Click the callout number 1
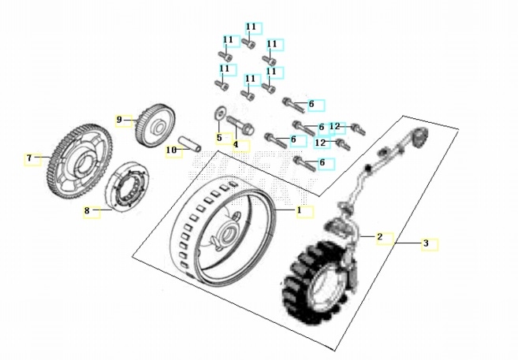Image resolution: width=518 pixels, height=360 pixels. click(x=300, y=210)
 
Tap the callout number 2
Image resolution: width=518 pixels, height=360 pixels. click(x=379, y=236)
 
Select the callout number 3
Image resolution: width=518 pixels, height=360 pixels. click(x=426, y=243)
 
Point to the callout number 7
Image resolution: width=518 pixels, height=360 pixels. click(x=29, y=158)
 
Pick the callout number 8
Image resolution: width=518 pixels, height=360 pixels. click(x=88, y=210)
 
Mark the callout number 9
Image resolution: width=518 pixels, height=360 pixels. click(x=120, y=120)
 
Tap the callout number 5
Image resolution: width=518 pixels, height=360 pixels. click(x=219, y=138)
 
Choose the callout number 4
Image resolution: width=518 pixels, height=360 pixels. click(x=235, y=144)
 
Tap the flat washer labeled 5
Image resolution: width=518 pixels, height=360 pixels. click(x=218, y=113)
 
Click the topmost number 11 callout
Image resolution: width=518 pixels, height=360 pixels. click(x=251, y=27)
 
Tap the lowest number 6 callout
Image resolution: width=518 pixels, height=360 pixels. click(x=321, y=162)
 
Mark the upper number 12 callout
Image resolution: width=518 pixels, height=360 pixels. click(x=334, y=126)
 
